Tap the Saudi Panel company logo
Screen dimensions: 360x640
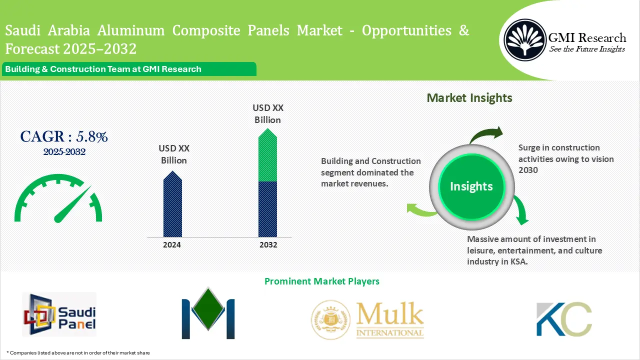(59, 314)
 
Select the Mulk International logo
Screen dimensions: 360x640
(367, 320)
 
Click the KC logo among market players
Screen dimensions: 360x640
(563, 319)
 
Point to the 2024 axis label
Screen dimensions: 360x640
(172, 245)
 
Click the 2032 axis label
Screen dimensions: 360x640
(268, 245)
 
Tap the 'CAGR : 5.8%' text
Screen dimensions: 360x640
(64, 136)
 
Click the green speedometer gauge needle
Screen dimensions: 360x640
(72, 205)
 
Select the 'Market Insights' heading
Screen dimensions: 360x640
(469, 97)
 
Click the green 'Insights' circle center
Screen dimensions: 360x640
(471, 186)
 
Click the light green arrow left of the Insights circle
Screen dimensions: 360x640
(421, 210)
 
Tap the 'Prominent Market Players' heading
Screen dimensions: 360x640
(322, 281)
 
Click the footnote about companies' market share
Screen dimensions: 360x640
(78, 352)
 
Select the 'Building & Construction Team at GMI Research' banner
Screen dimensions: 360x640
(103, 69)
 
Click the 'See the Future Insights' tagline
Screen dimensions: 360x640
(587, 49)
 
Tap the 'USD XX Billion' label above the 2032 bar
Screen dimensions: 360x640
(267, 113)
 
